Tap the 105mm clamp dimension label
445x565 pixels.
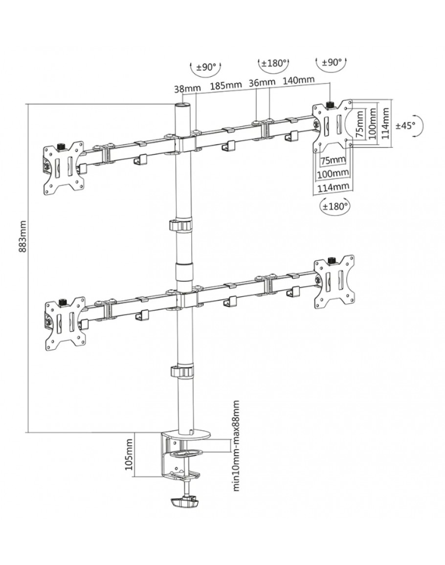(130, 454)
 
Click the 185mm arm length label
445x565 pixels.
(226, 85)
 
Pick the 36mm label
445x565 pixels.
(262, 82)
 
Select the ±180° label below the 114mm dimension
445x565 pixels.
(334, 206)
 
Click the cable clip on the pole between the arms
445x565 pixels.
(180, 226)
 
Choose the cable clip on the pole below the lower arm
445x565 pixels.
(180, 370)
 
